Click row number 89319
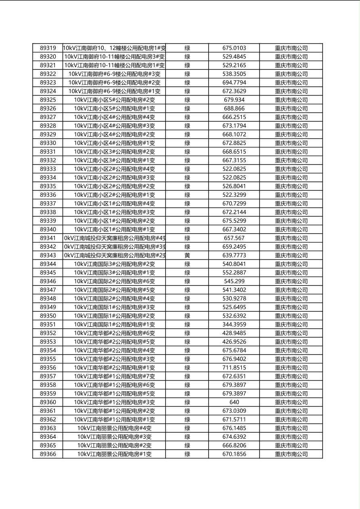point(48,48)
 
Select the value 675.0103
point(234,48)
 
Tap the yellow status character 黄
point(187,255)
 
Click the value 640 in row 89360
point(234,402)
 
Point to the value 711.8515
point(234,367)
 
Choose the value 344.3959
point(234,324)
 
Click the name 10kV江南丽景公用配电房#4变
point(114,428)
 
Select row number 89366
point(48,454)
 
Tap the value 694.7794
point(234,82)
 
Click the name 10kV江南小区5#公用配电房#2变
point(114,100)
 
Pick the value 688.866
point(234,108)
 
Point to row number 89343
point(48,255)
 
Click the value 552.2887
point(234,273)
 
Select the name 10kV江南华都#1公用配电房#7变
point(114,376)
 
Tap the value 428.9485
point(234,333)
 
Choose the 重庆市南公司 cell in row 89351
point(291,324)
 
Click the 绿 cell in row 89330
point(187,143)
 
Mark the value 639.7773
point(234,255)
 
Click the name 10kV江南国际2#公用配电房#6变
point(114,281)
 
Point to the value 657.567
point(234,238)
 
